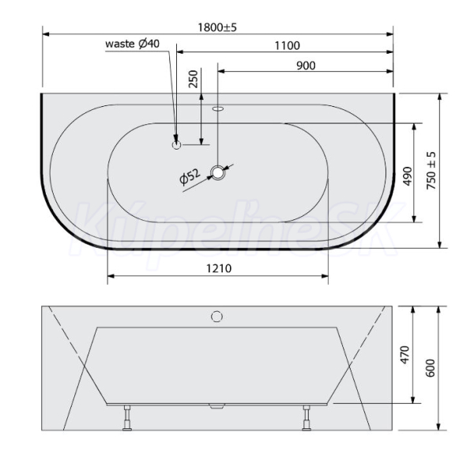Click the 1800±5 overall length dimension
tap(217, 28)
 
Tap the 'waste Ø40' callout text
tap(133, 44)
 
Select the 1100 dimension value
tap(288, 46)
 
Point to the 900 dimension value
tap(306, 66)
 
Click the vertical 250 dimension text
tap(194, 78)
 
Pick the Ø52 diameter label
tap(190, 177)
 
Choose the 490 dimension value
tap(408, 176)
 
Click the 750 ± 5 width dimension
tap(431, 170)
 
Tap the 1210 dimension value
tap(219, 268)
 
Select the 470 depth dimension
tap(404, 354)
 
